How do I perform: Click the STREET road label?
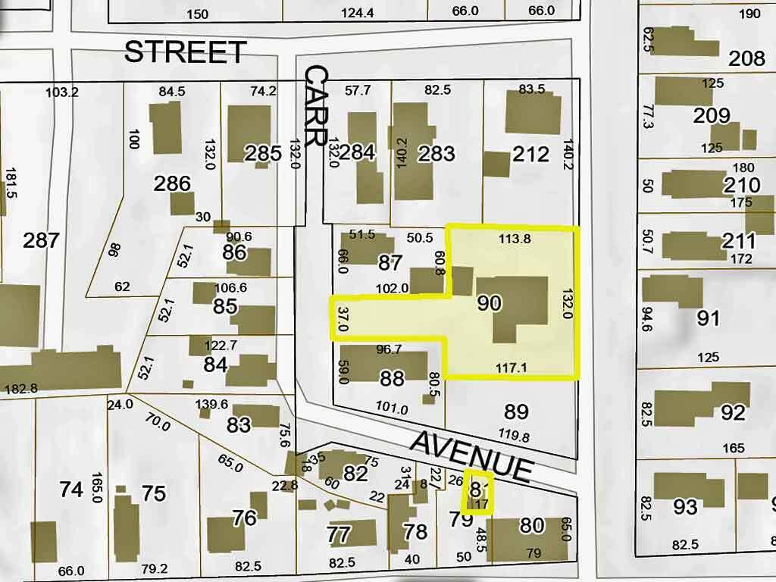coord(185,52)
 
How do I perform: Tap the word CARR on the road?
coord(317,105)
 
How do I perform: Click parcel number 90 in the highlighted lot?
coord(490,303)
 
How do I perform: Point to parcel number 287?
coord(41,241)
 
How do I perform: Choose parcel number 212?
coord(530,155)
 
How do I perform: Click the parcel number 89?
coord(516,411)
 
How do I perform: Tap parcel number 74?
coord(71,490)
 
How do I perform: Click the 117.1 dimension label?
coord(512,367)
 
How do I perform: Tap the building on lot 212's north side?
coord(533,114)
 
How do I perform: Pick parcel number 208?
coord(746,58)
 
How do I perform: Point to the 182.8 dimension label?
coord(21,389)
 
